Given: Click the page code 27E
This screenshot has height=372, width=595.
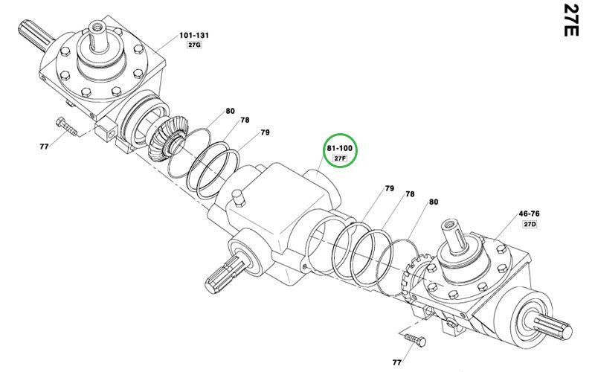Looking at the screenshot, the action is click(x=571, y=20).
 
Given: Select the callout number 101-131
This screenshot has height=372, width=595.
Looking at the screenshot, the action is click(x=194, y=35).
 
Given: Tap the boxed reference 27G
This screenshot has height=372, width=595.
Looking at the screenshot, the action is click(x=194, y=45).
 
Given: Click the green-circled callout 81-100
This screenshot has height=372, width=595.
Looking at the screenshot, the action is click(x=340, y=148).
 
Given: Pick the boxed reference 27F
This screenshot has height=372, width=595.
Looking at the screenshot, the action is click(x=340, y=158).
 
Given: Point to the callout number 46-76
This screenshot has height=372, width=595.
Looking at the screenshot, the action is click(x=530, y=214).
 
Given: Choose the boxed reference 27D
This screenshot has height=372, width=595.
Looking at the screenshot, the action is click(x=530, y=224).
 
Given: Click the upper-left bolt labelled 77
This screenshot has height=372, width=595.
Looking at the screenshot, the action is click(x=66, y=126).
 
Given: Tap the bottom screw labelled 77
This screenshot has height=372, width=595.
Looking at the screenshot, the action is click(x=415, y=340).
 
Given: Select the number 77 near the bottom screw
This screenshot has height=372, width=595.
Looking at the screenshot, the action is click(x=396, y=362).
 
